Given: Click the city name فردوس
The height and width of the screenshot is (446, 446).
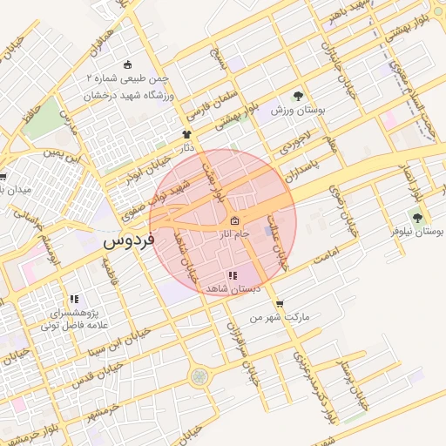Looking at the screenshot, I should [127, 240].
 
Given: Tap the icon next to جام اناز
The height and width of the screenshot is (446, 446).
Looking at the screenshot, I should [233, 221].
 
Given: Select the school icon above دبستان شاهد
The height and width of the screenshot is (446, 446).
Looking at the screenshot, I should [231, 275].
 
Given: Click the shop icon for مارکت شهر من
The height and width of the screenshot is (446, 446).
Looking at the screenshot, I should [279, 304].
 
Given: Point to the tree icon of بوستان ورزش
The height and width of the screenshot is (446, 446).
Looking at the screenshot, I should [299, 96].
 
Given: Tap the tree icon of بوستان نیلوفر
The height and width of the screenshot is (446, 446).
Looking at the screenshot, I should [416, 218].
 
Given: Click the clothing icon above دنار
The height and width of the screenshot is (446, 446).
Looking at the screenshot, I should [186, 134].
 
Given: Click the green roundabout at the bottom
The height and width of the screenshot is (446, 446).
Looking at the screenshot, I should [200, 376].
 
